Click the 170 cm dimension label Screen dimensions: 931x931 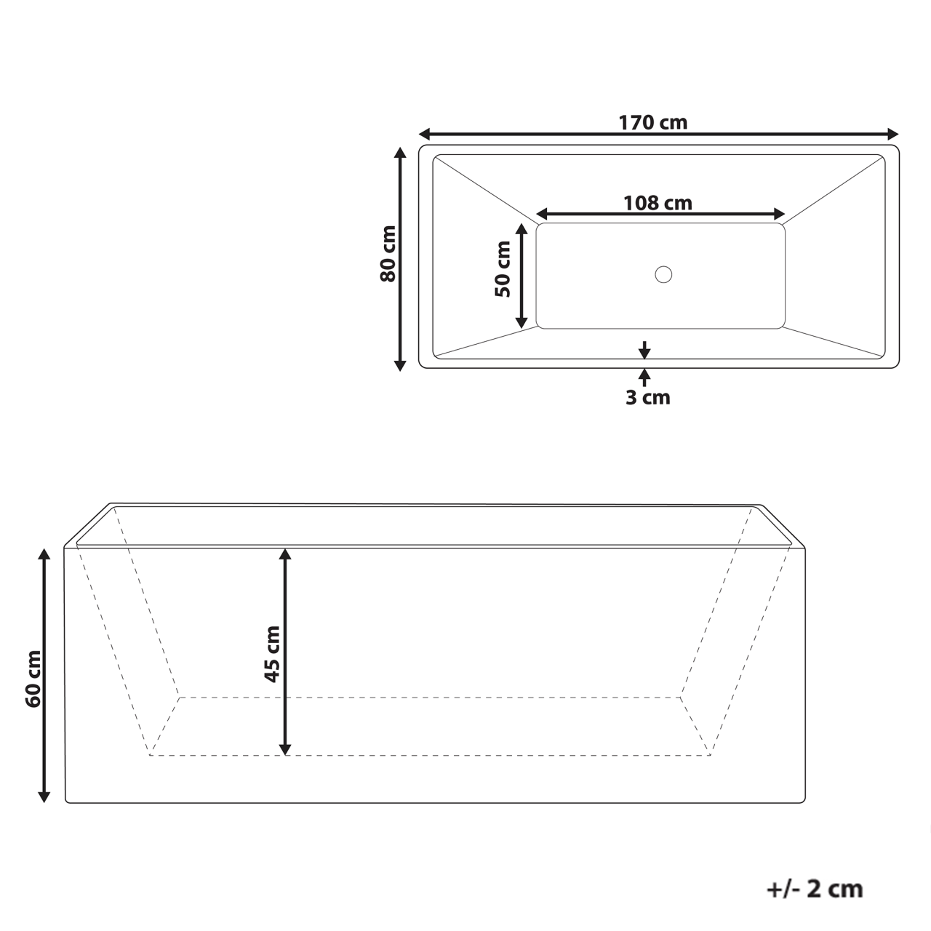coord(652,122)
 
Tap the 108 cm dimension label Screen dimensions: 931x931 coord(658,203)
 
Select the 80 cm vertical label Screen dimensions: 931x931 coord(388,254)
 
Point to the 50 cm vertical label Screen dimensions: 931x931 coord(503,269)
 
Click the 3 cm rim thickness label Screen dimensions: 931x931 coord(647,398)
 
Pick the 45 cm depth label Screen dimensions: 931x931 coord(271,653)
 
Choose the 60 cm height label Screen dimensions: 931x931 coord(33,688)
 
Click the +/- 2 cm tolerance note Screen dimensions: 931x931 coord(815,888)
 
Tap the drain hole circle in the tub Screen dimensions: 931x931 coord(663,275)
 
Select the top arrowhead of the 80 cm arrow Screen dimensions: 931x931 coord(399,153)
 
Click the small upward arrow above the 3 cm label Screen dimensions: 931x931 coord(644,375)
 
